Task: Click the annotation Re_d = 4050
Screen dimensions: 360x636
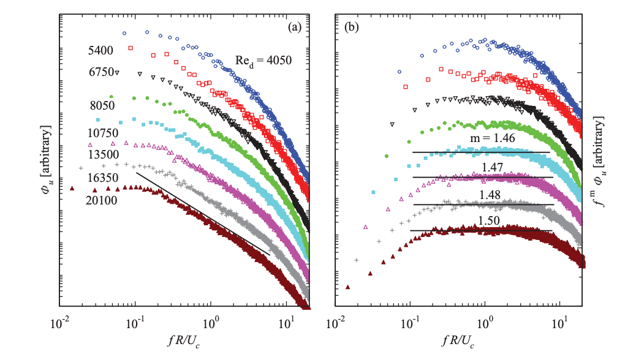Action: [x=264, y=61]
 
